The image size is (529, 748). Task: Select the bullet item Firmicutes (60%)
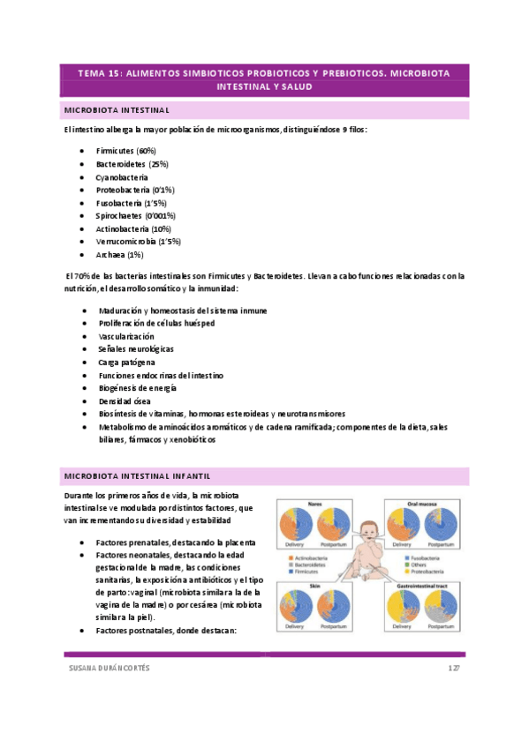126,151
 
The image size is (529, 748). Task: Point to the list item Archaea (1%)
119,254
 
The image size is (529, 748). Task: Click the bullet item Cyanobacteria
122,176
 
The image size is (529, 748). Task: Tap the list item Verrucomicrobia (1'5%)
138,241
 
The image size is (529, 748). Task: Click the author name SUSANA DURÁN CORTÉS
110,668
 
